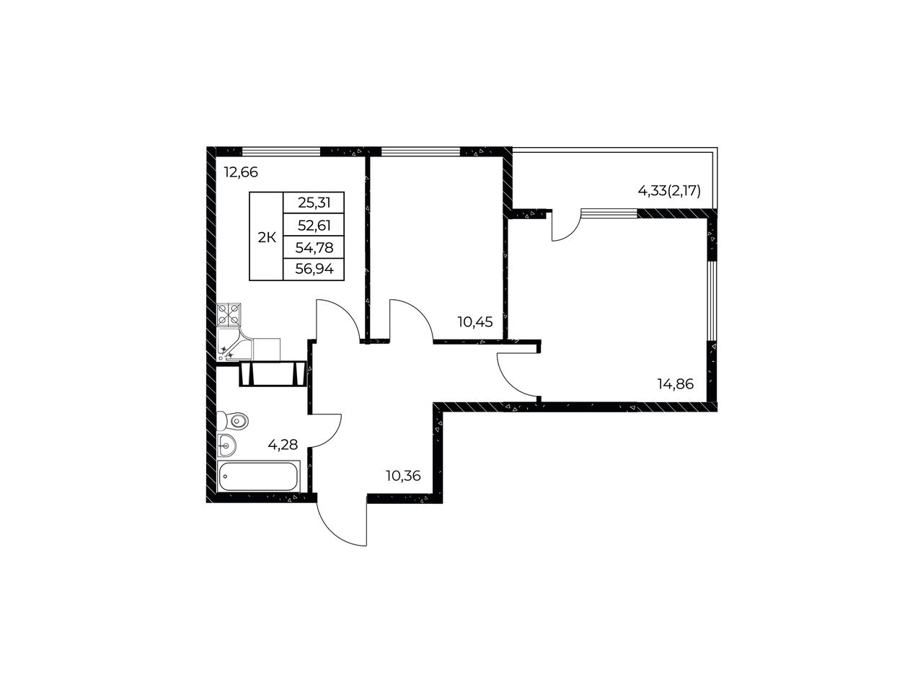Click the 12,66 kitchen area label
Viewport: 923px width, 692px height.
pyautogui.click(x=241, y=172)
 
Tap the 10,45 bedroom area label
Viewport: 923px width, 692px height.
pyautogui.click(x=474, y=322)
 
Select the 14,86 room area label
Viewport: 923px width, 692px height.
pyautogui.click(x=676, y=384)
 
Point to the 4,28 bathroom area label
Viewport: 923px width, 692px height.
pyautogui.click(x=283, y=445)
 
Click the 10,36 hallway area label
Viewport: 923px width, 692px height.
pyautogui.click(x=403, y=476)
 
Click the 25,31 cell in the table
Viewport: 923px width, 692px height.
pyautogui.click(x=314, y=203)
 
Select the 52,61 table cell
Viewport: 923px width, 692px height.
pyautogui.click(x=314, y=226)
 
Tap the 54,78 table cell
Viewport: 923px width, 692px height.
pyautogui.click(x=314, y=248)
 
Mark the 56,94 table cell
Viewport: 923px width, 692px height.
pyautogui.click(x=314, y=270)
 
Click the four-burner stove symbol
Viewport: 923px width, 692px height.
pyautogui.click(x=229, y=315)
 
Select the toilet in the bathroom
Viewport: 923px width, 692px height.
pyautogui.click(x=232, y=420)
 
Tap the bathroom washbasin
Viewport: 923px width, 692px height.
pyautogui.click(x=226, y=445)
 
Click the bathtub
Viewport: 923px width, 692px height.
pyautogui.click(x=258, y=476)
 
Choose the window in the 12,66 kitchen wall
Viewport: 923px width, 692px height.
pyautogui.click(x=281, y=151)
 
